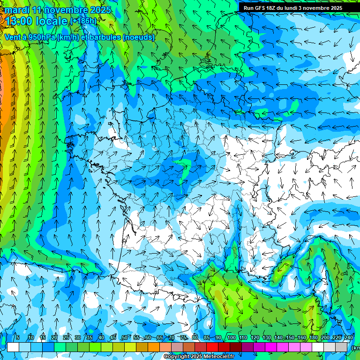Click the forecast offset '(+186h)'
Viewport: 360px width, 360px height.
tap(83, 21)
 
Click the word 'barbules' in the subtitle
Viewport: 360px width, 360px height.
tap(104, 37)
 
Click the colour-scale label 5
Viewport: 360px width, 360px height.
tap(18, 337)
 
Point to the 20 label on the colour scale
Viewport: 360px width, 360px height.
tap(54, 337)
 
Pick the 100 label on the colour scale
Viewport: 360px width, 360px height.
tap(232, 337)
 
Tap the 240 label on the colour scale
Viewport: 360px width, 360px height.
tap(349, 337)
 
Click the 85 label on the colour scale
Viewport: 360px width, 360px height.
tap(207, 337)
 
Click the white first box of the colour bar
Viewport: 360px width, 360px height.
tap(13, 347)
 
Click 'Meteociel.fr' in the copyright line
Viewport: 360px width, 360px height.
tap(218, 357)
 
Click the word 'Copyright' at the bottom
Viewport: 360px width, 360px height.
tap(176, 357)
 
